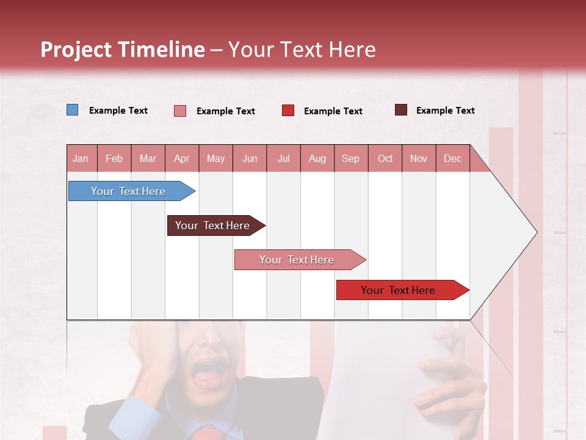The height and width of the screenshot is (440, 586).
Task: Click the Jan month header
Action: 81,158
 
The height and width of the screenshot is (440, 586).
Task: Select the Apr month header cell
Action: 182,158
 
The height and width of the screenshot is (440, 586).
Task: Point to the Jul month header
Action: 284,158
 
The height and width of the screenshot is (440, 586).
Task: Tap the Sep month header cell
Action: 351,158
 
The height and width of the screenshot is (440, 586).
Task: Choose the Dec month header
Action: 452,158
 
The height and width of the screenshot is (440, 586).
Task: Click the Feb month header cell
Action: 114,158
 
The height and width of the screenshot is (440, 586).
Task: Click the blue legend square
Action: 73,110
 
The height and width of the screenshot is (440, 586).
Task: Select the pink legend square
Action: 180,111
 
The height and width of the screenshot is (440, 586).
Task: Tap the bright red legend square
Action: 288,111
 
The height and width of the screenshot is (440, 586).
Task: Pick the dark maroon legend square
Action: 401,110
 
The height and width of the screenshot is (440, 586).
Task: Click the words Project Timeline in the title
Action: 123,50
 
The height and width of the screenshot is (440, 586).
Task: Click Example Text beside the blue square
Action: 118,111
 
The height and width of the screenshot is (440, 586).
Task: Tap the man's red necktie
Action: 205,433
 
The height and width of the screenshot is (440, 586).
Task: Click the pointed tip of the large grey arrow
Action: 536,232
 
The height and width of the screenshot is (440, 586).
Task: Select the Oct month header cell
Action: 385,158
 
